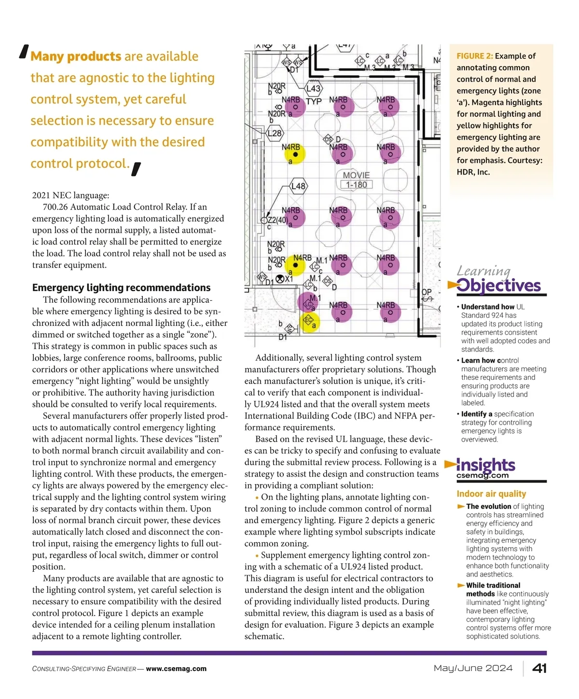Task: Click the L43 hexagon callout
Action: coord(314,89)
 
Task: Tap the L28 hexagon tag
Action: coord(274,133)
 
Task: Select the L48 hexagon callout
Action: coord(299,186)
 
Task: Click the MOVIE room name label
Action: coord(356,175)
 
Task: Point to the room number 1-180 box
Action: coord(356,185)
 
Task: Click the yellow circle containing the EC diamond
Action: coord(309,321)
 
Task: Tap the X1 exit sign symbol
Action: coord(280,279)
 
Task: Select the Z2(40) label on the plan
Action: coord(277,220)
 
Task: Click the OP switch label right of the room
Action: coord(427,292)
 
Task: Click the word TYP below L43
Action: coord(314,102)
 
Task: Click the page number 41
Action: coord(539,668)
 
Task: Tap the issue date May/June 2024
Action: coord(473,668)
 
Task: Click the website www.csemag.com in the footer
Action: coord(176,669)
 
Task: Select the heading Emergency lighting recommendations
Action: coord(121,288)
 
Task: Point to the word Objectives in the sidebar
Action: coord(498,285)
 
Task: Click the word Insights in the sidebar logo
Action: coord(485,465)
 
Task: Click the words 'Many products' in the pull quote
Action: coord(76,56)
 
